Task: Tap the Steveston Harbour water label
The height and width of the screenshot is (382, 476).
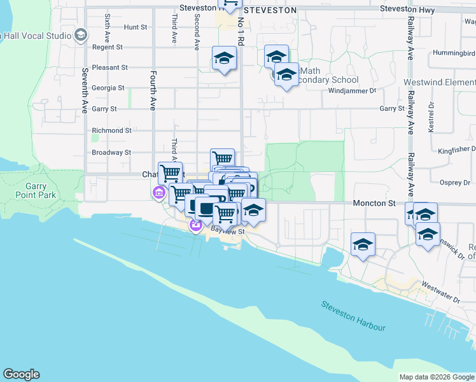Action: coord(354,316)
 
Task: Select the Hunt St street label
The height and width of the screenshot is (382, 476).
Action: coord(136,27)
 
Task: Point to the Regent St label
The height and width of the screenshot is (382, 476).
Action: coord(107,47)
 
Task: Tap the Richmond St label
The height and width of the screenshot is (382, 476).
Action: coord(111,131)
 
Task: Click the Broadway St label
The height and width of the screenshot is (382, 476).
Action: coord(111,153)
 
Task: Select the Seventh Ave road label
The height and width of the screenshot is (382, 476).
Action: coord(84,89)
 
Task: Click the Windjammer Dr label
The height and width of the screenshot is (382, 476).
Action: coord(348,90)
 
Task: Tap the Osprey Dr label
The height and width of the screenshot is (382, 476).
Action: coord(454,183)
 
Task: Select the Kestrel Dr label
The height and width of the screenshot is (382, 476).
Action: coord(431,117)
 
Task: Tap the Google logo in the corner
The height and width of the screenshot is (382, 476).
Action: coord(21,374)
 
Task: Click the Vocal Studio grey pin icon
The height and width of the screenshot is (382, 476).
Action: coord(80,35)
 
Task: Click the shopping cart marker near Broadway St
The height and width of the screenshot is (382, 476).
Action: coord(222,159)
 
